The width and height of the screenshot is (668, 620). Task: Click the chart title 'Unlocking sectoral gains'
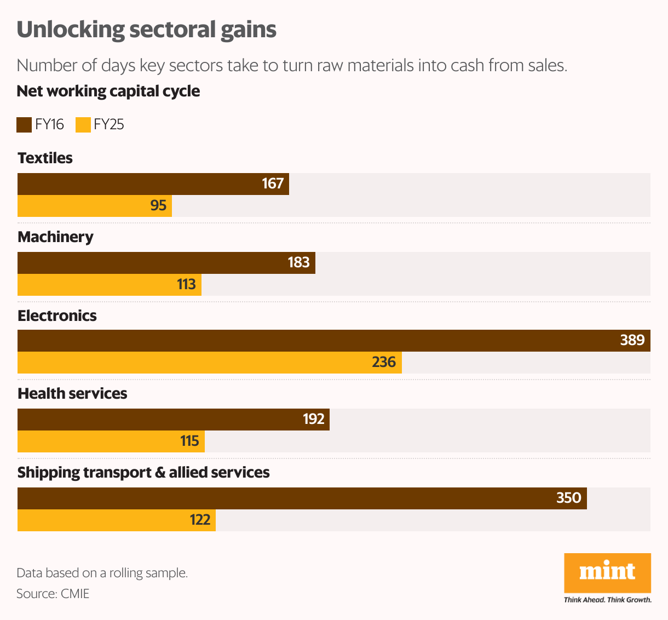coord(146,30)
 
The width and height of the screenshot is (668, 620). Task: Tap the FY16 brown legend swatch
coord(24,125)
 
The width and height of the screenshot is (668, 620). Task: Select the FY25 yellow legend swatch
coord(83,125)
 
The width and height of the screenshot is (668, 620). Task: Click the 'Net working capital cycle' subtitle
coord(108,91)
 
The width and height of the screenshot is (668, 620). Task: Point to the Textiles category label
coord(45,158)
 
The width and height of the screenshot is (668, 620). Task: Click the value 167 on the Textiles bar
coord(273,183)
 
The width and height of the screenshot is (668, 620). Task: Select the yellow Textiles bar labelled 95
coord(95,206)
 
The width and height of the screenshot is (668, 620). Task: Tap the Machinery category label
coord(55,237)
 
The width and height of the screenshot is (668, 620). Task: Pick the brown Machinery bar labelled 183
coord(166,263)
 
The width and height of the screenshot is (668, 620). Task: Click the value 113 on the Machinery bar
coord(186,284)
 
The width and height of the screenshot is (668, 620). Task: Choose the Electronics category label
coord(57,316)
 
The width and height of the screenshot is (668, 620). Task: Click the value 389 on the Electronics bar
coord(632,341)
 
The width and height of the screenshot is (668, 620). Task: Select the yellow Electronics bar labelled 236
coord(209,363)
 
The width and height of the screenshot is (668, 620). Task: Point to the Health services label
coord(72,394)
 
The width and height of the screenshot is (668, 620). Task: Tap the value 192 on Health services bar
coord(313,419)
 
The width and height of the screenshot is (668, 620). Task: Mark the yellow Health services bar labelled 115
coord(111,441)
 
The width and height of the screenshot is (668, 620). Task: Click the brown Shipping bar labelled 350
coord(302,498)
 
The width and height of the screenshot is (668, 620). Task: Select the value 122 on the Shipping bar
coord(200,520)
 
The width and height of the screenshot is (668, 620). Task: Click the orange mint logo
coord(607,572)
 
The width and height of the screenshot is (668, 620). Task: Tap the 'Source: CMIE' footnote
coord(53,594)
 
